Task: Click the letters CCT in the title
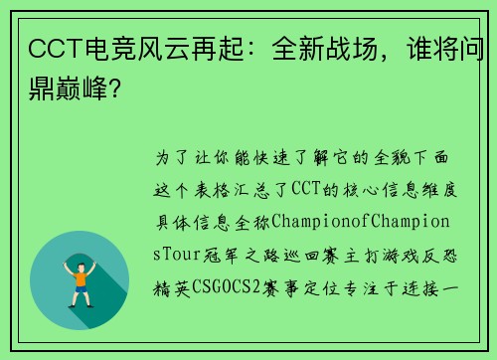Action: point(51,49)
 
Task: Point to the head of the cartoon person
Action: point(80,256)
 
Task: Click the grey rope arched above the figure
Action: point(80,243)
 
